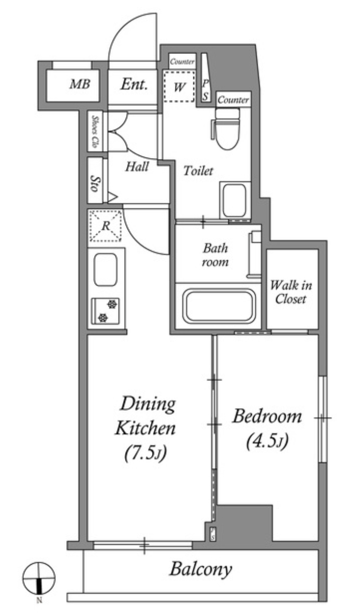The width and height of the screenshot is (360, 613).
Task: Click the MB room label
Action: (80, 84)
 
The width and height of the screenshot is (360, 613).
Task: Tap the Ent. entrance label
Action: (134, 84)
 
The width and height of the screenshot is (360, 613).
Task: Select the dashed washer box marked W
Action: (179, 86)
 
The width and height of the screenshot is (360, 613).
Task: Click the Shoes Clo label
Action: (95, 131)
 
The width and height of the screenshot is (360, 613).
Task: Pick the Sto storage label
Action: (95, 183)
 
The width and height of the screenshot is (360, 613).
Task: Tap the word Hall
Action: (137, 167)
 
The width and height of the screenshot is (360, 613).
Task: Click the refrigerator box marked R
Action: (106, 226)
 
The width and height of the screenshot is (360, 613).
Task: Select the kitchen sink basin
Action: (105, 269)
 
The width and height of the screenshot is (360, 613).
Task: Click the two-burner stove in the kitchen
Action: (105, 311)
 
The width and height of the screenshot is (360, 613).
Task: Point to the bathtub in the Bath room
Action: (219, 306)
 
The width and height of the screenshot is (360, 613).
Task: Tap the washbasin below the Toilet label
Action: (234, 201)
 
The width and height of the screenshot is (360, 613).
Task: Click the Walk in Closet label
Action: (291, 292)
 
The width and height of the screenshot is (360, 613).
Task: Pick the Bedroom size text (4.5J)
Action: (267, 442)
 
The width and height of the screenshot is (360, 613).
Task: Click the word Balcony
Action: (201, 569)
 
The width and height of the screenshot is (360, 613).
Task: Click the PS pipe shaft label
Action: (206, 90)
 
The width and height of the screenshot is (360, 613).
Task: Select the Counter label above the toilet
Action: (233, 100)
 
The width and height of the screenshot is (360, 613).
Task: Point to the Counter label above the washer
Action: (182, 62)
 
